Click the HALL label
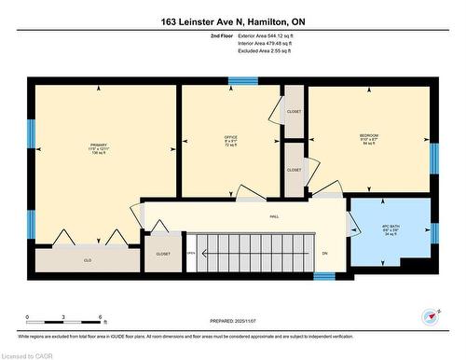click(x=274, y=216)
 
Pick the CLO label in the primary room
click(x=88, y=260)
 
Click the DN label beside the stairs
click(x=324, y=253)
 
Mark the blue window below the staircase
click(x=324, y=276)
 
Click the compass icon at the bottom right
click(x=430, y=316)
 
